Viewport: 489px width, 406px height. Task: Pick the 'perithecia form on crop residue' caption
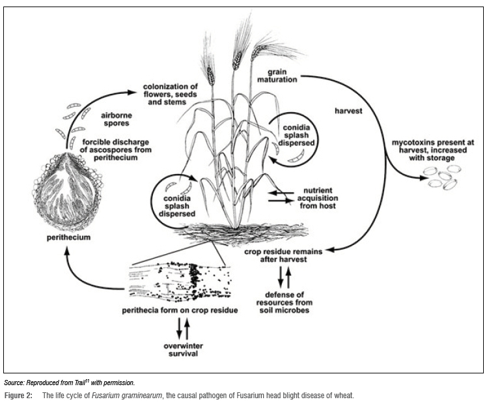[180, 310]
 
